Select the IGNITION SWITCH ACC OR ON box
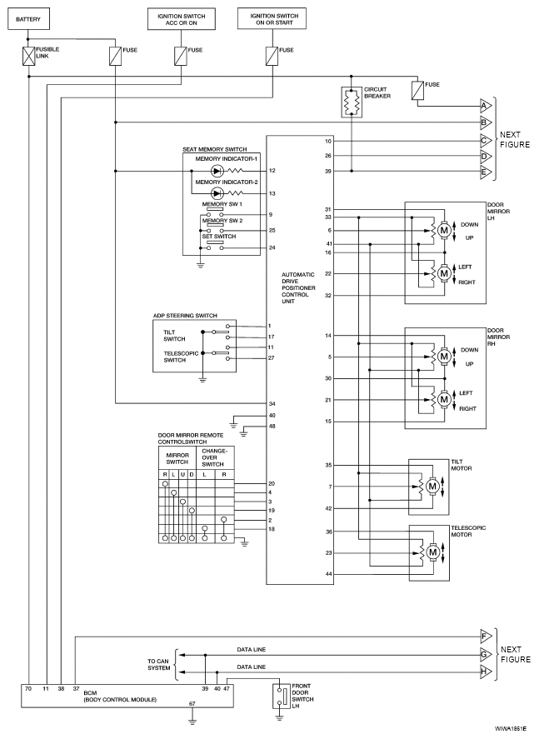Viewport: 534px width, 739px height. pos(181,17)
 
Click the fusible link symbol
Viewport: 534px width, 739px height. pos(29,56)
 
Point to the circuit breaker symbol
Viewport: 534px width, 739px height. pos(352,102)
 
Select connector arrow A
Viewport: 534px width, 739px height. pos(484,105)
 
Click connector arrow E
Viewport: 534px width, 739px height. pos(484,172)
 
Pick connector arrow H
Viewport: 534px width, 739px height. pos(484,671)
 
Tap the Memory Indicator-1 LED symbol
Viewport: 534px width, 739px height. pos(217,171)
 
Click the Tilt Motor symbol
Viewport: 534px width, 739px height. pos(432,485)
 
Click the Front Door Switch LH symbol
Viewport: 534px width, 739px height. pos(281,695)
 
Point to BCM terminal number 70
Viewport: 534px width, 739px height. pos(29,690)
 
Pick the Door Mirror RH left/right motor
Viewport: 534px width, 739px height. pos(444,399)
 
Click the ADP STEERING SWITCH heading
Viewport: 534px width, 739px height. pos(184,316)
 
